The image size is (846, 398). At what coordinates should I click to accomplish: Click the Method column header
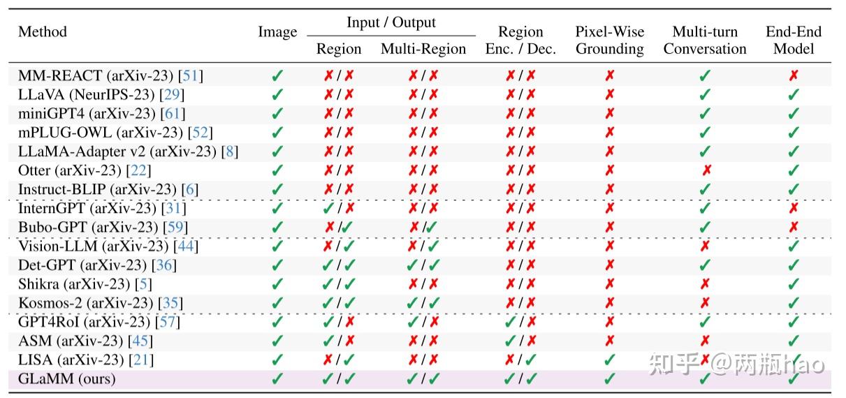[x=43, y=32]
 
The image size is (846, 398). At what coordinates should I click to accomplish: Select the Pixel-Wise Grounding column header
[x=609, y=40]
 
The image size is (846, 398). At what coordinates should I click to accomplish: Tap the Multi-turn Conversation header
[x=705, y=40]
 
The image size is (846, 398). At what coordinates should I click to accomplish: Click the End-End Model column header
[x=794, y=40]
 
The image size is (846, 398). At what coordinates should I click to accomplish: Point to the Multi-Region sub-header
[x=423, y=49]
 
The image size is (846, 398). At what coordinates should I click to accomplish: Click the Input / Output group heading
[x=391, y=22]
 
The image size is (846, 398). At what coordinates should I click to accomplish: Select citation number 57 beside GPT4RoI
[x=168, y=322]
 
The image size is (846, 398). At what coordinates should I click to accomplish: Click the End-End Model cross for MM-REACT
[x=794, y=75]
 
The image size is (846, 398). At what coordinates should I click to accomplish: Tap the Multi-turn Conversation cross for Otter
[x=706, y=170]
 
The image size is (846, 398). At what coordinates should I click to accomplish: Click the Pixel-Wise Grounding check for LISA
[x=609, y=360]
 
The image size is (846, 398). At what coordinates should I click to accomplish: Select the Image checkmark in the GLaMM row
[x=277, y=379]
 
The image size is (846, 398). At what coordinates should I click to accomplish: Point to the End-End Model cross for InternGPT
[x=794, y=208]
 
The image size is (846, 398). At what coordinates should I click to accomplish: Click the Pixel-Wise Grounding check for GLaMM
[x=609, y=379]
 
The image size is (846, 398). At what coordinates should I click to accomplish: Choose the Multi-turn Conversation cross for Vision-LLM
[x=706, y=246]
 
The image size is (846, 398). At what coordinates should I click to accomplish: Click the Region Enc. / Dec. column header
[x=520, y=40]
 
